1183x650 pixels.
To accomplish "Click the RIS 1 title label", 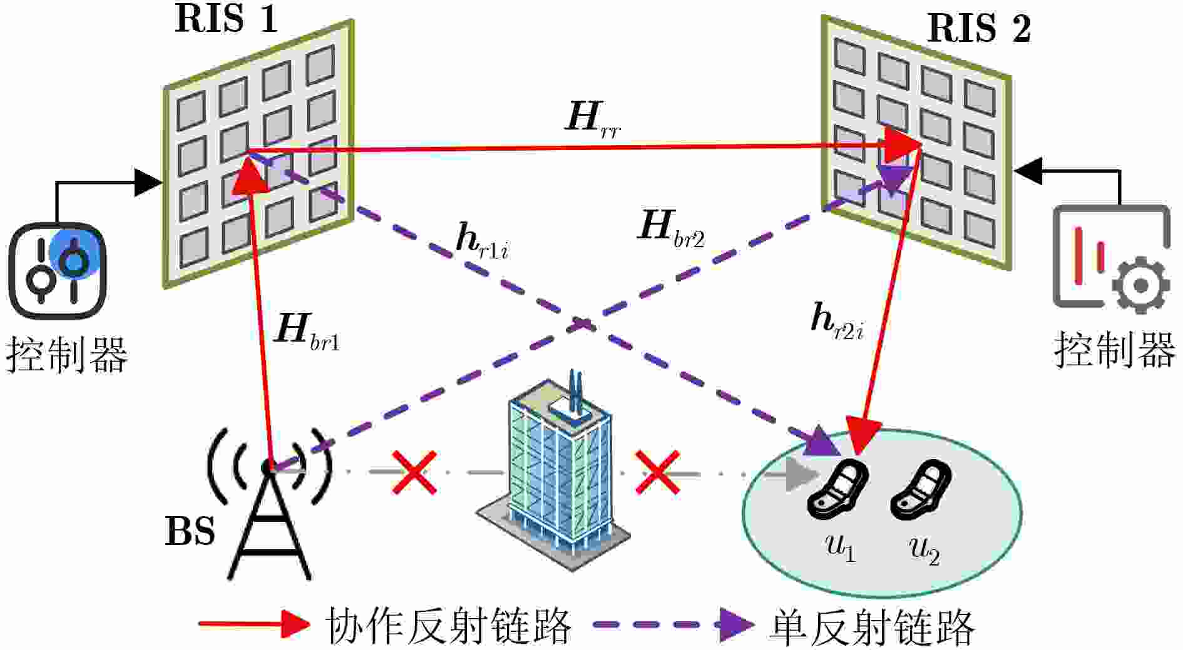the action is [x=226, y=19].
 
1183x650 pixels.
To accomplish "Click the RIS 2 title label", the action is [x=979, y=28].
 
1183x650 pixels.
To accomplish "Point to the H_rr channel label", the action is [x=593, y=119].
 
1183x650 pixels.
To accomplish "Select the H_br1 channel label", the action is [x=307, y=332].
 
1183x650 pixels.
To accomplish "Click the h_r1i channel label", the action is [x=482, y=241].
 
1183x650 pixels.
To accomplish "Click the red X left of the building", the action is [x=414, y=472].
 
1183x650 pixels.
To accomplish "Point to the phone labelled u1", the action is [x=837, y=489].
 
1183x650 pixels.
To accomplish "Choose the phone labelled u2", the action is [x=921, y=490].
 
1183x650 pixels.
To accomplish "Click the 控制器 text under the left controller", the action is [x=67, y=354].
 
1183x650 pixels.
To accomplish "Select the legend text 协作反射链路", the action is [x=448, y=625].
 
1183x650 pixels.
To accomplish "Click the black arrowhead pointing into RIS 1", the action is [x=149, y=183].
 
